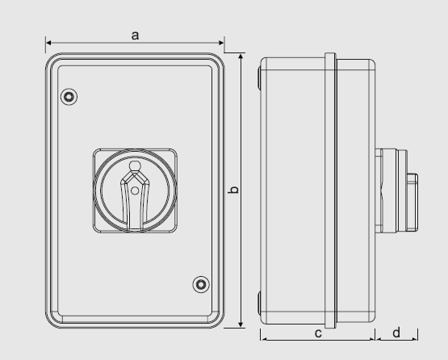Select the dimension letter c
point(318,332)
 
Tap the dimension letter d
point(397,332)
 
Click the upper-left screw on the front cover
point(69,97)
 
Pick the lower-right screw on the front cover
point(200,283)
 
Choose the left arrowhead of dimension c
point(263,339)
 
